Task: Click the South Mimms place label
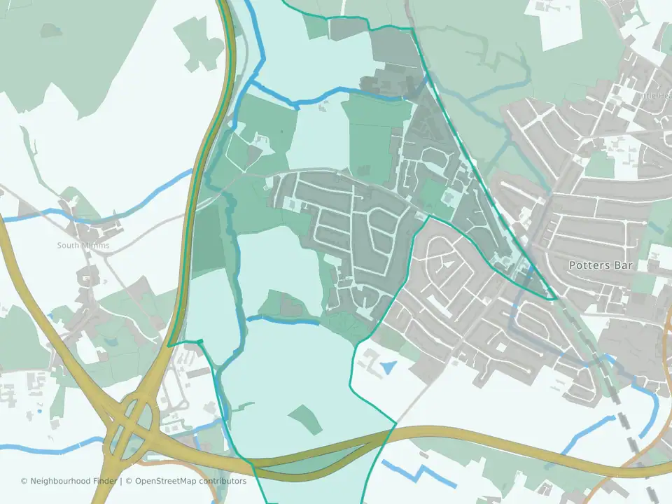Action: (x=83, y=246)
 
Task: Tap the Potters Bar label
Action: (x=601, y=265)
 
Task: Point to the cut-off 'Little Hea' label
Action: (x=654, y=95)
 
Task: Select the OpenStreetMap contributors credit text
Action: (x=190, y=481)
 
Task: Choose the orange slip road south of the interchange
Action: (x=168, y=463)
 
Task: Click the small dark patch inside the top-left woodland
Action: (x=50, y=30)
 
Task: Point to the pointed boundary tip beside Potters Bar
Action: (x=557, y=299)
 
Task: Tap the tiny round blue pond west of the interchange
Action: (x=39, y=411)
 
